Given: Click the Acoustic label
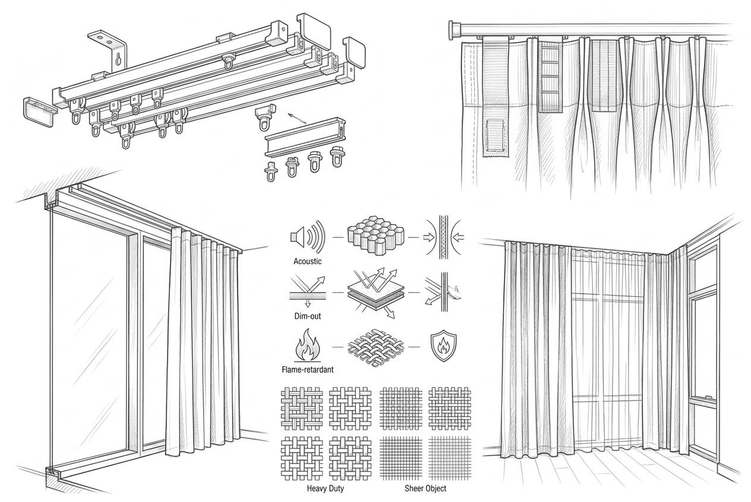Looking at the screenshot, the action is (x=307, y=261).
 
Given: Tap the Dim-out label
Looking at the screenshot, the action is (x=307, y=316).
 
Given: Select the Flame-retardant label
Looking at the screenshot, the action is (x=307, y=370).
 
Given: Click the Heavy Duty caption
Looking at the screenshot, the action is (x=325, y=488).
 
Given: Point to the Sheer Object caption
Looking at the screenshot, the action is (x=425, y=488).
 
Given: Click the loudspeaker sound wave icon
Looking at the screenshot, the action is (x=307, y=237).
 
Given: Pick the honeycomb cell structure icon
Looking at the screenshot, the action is (x=375, y=236).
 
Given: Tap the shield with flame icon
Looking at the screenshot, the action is (x=444, y=347).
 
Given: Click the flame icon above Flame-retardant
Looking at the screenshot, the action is (x=307, y=346).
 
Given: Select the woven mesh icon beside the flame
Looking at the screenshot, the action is (x=375, y=347).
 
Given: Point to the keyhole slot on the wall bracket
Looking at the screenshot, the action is (x=118, y=59).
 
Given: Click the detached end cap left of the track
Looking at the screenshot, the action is (x=39, y=112).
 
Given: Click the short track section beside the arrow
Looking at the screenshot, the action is (x=305, y=137).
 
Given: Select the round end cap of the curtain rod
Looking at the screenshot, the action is (x=455, y=31).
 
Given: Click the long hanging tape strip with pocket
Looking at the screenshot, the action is (x=495, y=96).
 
